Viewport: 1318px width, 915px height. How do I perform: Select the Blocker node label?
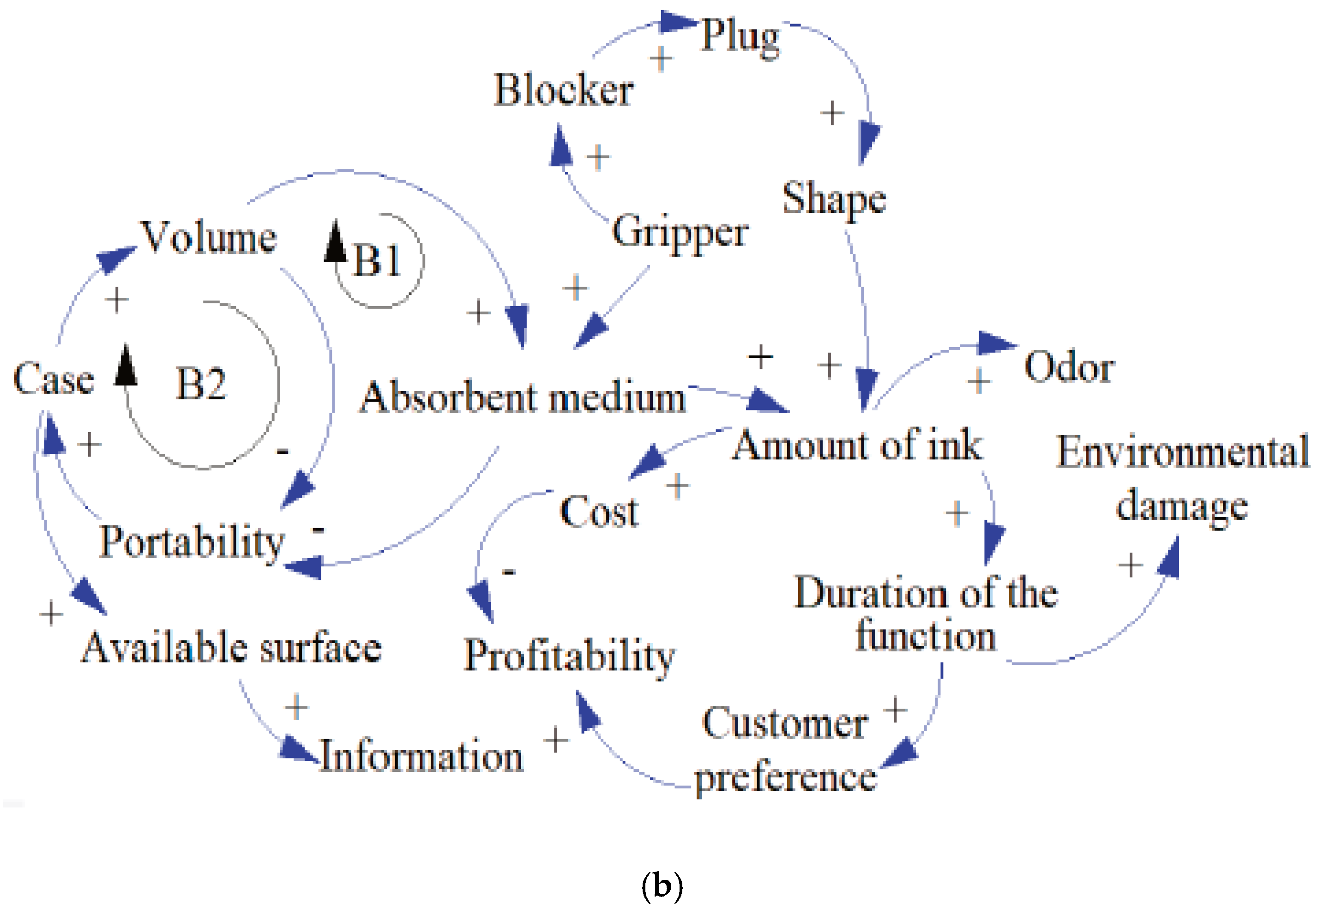pyautogui.click(x=564, y=90)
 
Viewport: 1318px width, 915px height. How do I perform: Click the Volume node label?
pyautogui.click(x=209, y=237)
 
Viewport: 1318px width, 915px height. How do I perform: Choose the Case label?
pyautogui.click(x=53, y=379)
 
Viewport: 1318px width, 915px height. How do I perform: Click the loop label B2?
pyautogui.click(x=201, y=384)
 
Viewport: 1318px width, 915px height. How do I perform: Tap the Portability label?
pyautogui.click(x=192, y=542)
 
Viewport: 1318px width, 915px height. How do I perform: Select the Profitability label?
pyautogui.click(x=569, y=655)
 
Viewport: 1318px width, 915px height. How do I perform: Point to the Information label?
pyautogui.click(x=421, y=756)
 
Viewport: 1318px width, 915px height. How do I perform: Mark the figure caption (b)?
pyautogui.click(x=662, y=886)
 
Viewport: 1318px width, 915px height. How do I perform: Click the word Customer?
pyautogui.click(x=785, y=723)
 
